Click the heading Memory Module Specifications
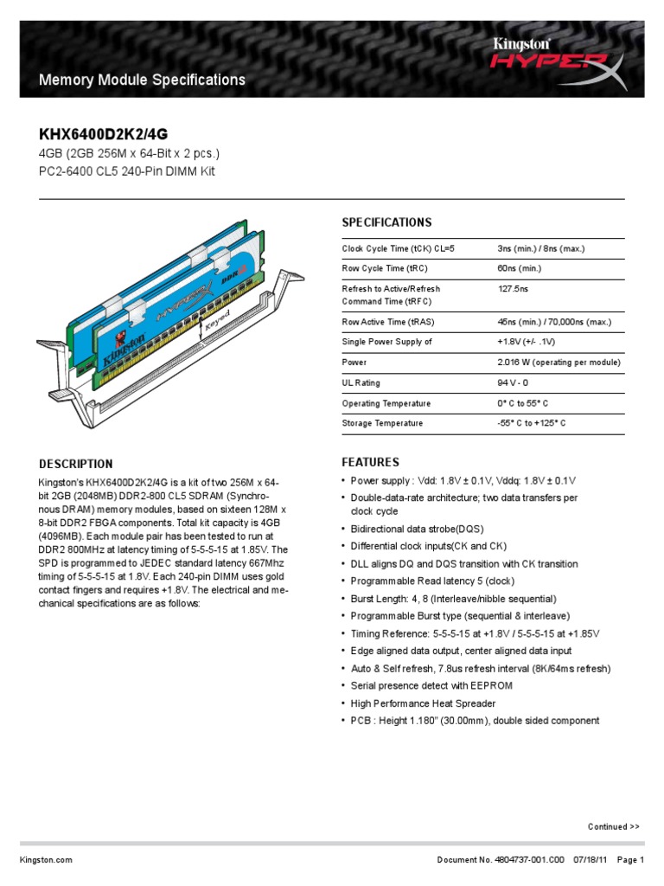click(x=143, y=80)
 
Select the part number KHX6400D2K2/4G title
click(x=103, y=134)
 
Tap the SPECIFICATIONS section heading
click(x=386, y=222)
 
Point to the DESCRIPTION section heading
click(x=76, y=464)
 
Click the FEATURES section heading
click(x=370, y=462)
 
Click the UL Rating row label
click(x=361, y=383)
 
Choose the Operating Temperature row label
click(x=386, y=404)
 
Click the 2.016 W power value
click(x=559, y=363)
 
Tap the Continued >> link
click(x=614, y=827)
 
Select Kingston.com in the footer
click(x=46, y=860)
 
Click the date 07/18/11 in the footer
click(x=591, y=860)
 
